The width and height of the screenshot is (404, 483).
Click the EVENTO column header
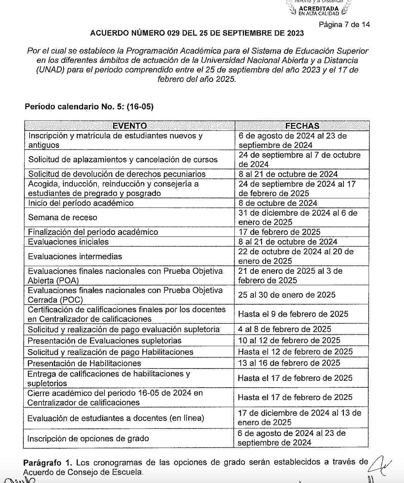130,126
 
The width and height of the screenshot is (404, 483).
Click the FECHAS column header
302,126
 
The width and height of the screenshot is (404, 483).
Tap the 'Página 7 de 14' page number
344,25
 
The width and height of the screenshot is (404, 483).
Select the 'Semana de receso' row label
63,217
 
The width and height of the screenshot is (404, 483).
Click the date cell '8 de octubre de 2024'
278,203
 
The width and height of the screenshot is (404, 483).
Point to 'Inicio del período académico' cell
81,203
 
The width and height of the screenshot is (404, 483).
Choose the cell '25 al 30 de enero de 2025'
287,295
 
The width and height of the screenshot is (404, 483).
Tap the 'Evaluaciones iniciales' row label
68,242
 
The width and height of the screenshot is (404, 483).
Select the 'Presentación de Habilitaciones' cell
84,363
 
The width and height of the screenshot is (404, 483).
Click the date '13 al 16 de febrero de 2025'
289,363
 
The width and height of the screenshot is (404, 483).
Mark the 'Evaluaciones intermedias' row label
75,257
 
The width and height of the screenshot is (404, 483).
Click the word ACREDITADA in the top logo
318,9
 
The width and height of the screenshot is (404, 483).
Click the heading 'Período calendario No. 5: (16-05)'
89,107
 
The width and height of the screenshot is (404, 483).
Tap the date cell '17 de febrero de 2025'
279,232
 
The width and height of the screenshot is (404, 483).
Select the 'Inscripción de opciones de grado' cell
88,439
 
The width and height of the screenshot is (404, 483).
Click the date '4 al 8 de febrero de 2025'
284,329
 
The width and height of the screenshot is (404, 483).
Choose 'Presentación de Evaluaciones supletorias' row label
104,341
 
